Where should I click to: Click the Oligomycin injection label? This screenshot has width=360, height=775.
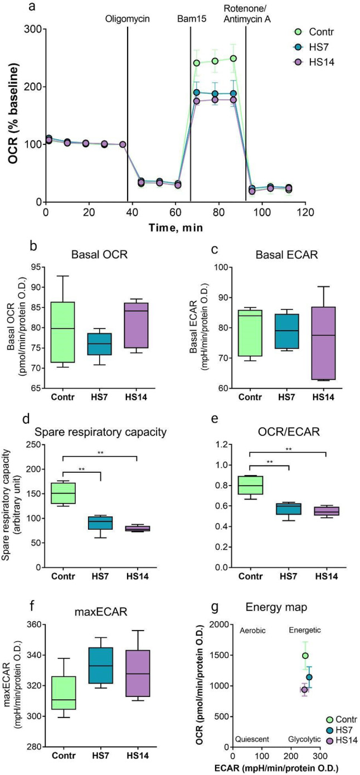(x=127, y=18)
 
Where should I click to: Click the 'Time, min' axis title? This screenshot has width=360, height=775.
(x=171, y=227)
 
